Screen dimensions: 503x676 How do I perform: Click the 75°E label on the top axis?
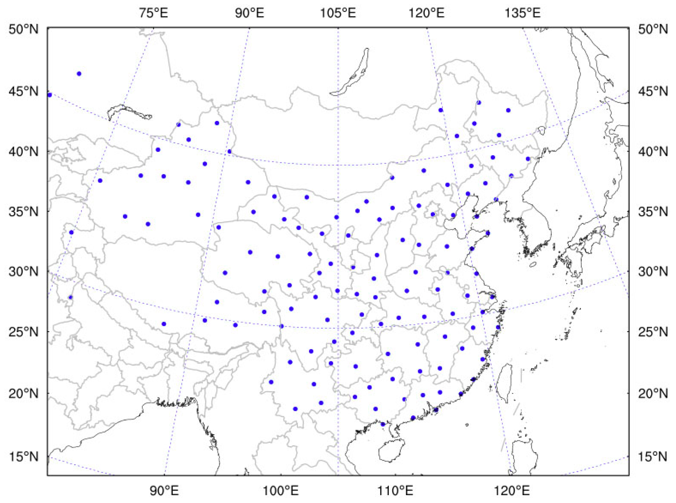153,13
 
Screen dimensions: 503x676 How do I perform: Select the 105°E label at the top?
338,13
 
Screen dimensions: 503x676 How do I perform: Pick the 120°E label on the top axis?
427,13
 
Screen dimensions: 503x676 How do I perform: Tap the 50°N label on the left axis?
24,30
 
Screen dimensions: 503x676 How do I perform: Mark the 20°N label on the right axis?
653,394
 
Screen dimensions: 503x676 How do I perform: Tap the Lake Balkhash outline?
128,111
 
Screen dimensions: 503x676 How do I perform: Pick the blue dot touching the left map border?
50,95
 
